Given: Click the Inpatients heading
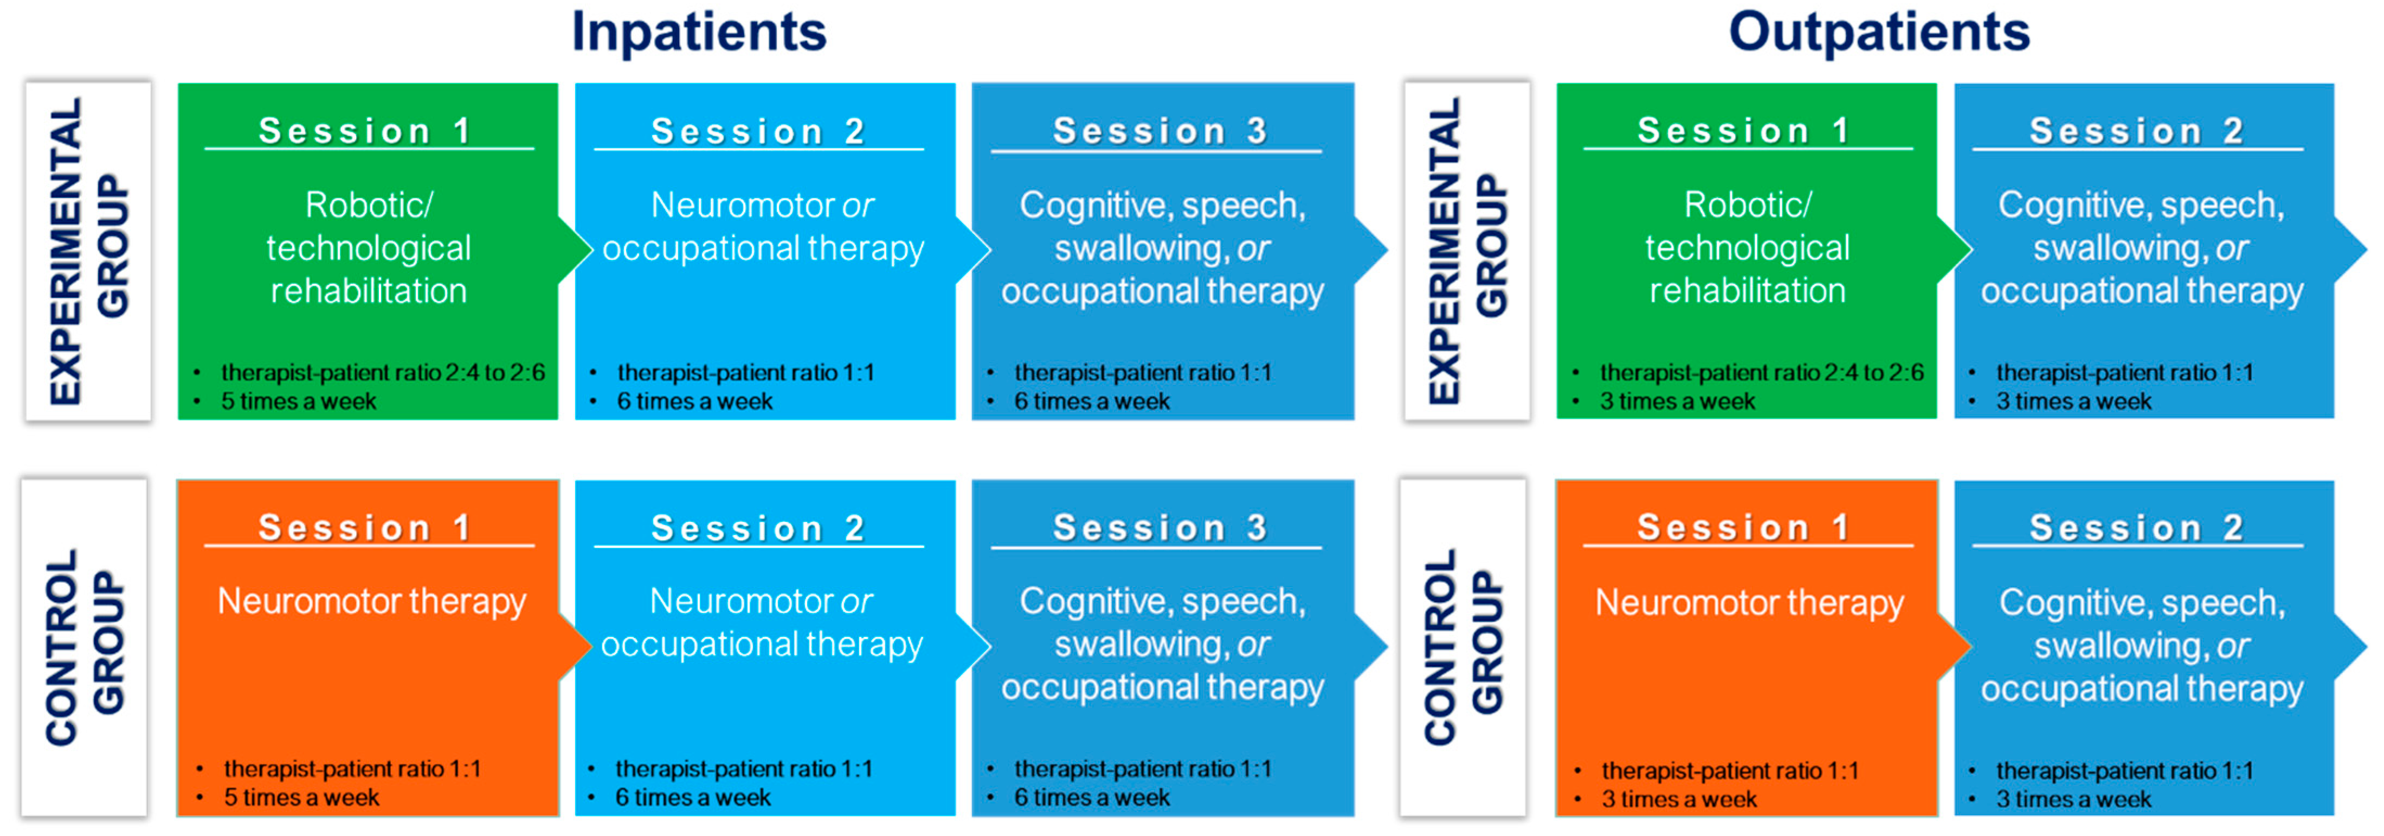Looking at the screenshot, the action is [699, 33].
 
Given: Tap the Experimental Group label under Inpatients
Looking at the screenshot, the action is [88, 251].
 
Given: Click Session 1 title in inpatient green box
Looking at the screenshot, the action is [365, 131].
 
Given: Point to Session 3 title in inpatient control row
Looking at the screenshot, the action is [1159, 528].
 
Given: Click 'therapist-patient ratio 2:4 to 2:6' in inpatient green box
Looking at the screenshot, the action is [383, 372].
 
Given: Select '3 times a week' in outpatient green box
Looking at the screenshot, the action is [1677, 401].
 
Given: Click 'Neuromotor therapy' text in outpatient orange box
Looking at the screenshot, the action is [1749, 603].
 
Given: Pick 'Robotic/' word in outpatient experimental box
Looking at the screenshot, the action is [1747, 205].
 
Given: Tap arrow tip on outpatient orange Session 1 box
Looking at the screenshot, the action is [1971, 646].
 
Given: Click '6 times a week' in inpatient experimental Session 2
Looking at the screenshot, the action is [694, 401].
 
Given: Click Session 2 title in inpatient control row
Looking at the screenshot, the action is [758, 528].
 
